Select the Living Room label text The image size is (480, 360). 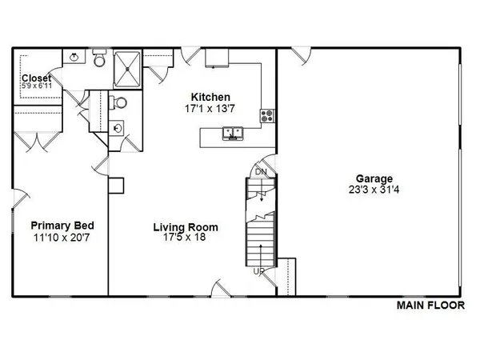click(x=186, y=227)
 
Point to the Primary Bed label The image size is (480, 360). click(x=59, y=226)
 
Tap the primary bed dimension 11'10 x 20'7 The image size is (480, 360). click(x=59, y=238)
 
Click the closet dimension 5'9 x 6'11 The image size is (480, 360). click(x=37, y=86)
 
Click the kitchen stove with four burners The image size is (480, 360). click(x=267, y=117)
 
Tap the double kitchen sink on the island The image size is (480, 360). click(x=234, y=135)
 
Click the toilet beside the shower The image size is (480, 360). click(x=99, y=59)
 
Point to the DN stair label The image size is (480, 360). click(x=261, y=172)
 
